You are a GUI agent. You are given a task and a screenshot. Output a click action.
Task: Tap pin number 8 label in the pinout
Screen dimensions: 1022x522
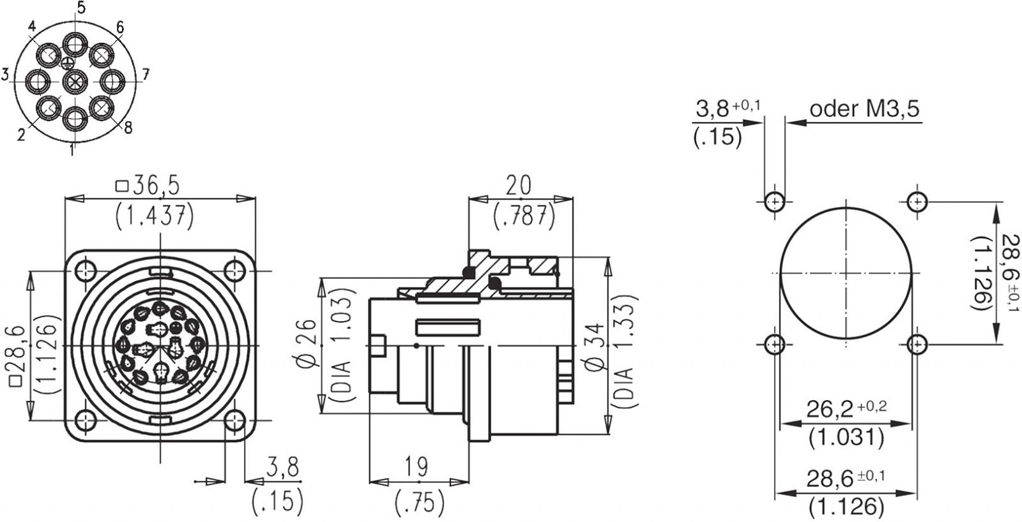pyautogui.click(x=128, y=128)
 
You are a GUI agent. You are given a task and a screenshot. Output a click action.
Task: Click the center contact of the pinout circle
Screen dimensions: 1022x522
pyautogui.click(x=75, y=82)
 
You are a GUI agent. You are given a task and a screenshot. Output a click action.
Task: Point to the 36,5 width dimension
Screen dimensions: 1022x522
pyautogui.click(x=148, y=186)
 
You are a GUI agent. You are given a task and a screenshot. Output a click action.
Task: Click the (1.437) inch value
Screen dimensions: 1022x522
pyautogui.click(x=155, y=217)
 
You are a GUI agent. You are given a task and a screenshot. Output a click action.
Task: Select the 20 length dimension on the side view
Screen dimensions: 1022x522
pyautogui.click(x=519, y=186)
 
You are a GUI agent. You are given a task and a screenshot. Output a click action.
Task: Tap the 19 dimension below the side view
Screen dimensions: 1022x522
pyautogui.click(x=416, y=467)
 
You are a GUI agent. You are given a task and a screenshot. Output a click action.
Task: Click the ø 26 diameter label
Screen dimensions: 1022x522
pyautogui.click(x=306, y=344)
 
